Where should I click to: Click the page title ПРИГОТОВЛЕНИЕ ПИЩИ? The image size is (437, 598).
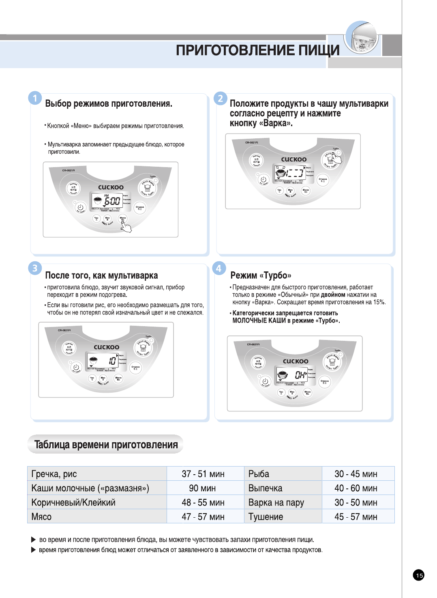[257, 50]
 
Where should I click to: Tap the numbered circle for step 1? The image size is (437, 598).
[35, 98]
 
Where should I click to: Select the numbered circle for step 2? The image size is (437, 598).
[220, 98]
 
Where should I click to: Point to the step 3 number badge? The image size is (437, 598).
[35, 268]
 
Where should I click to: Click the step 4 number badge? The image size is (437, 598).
[219, 268]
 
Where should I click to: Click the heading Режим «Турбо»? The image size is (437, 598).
[261, 275]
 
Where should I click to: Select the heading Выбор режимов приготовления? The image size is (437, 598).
[109, 103]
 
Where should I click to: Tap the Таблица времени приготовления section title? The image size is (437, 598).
[106, 445]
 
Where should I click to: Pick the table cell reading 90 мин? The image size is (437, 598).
[202, 488]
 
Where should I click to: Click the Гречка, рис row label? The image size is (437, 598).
[54, 474]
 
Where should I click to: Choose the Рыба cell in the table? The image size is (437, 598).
[259, 474]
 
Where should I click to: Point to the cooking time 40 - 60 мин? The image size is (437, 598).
[356, 488]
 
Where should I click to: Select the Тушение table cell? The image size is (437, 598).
[266, 517]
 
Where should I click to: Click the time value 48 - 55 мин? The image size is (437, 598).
[203, 502]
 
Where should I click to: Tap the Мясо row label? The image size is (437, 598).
[41, 517]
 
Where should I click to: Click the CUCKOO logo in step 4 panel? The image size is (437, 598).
[296, 361]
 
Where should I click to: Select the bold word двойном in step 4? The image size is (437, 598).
[333, 295]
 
